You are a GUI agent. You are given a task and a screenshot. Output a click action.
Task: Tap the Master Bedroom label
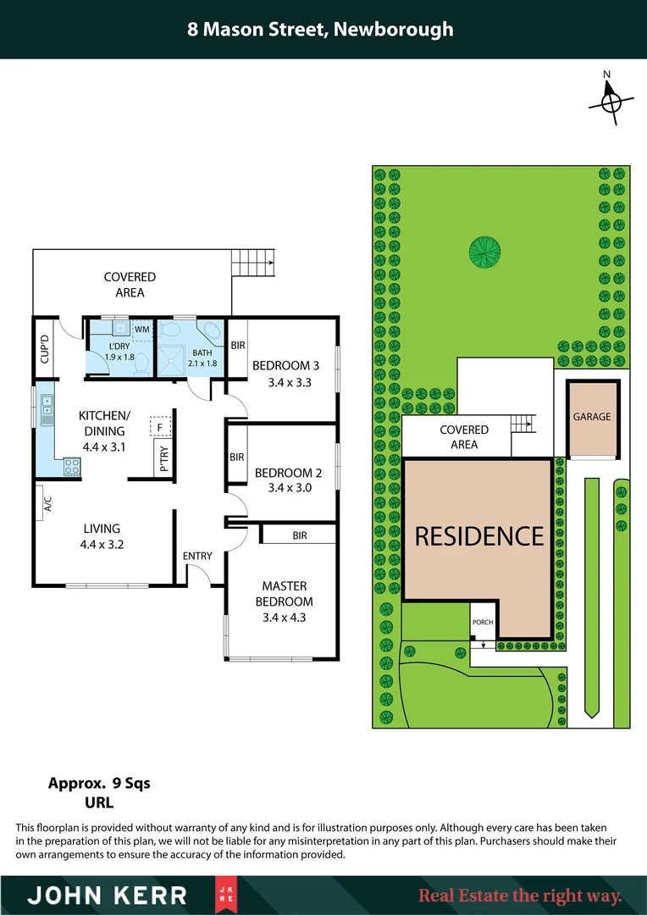click(285, 594)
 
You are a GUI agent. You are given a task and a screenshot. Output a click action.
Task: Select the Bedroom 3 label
click(286, 366)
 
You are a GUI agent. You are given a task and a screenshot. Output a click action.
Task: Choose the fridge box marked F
click(159, 427)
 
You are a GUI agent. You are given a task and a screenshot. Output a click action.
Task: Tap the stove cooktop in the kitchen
click(70, 465)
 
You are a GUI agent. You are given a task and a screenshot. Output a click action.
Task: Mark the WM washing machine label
click(141, 329)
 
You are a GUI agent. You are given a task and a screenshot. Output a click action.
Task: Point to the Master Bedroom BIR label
click(299, 535)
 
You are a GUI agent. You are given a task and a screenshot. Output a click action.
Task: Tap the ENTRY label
click(197, 556)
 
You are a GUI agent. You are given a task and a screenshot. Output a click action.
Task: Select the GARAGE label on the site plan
click(591, 417)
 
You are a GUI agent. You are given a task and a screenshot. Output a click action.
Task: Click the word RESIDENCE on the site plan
click(478, 535)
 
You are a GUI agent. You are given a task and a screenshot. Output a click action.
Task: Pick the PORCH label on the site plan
click(482, 622)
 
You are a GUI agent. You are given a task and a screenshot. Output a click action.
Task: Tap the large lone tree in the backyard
click(484, 250)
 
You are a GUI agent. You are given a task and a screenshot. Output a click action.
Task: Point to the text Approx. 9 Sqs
click(99, 783)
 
